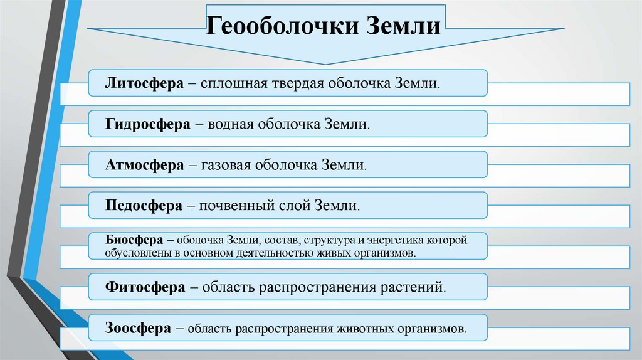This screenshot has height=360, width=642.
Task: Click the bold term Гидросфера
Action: pyautogui.click(x=148, y=124)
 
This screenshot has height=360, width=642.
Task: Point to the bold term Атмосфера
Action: pyautogui.click(x=145, y=165)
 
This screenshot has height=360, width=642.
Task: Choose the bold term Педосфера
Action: pyautogui.click(x=144, y=206)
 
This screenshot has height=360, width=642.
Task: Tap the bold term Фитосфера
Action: pyautogui.click(x=145, y=287)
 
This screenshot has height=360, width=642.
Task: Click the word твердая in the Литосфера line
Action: pyautogui.click(x=298, y=83)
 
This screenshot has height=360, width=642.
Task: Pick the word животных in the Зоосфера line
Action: pyautogui.click(x=364, y=328)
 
